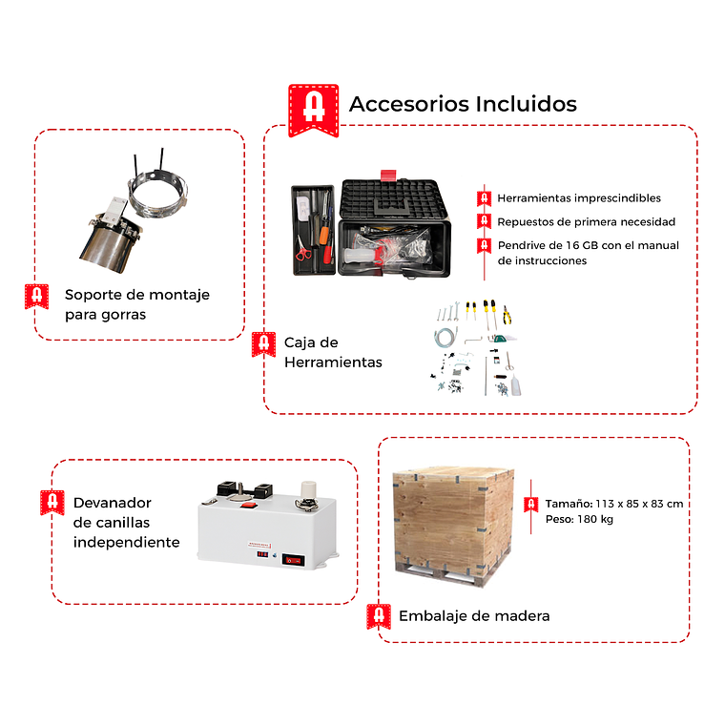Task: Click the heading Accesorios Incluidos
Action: pyautogui.click(x=463, y=104)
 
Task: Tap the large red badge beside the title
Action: pyautogui.click(x=314, y=111)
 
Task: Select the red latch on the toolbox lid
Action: pyautogui.click(x=388, y=176)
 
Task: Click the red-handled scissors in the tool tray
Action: pyautogui.click(x=302, y=250)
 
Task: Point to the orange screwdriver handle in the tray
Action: pyautogui.click(x=324, y=234)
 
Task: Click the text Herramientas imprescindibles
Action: pyautogui.click(x=579, y=198)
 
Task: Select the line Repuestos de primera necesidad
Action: pyautogui.click(x=587, y=222)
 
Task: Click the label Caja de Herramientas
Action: pyautogui.click(x=333, y=352)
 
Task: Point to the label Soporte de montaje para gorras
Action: pyautogui.click(x=136, y=304)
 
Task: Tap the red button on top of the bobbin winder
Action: pyautogui.click(x=249, y=506)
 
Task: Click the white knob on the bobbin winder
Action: pyautogui.click(x=308, y=489)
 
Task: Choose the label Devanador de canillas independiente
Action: pyautogui.click(x=126, y=523)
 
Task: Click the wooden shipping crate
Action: pyautogui.click(x=453, y=527)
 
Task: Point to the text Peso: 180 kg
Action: pyautogui.click(x=579, y=519)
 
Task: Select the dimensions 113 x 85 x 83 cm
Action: pyautogui.click(x=639, y=504)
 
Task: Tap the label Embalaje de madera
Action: pyautogui.click(x=474, y=616)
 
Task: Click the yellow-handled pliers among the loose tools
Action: pyautogui.click(x=507, y=315)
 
